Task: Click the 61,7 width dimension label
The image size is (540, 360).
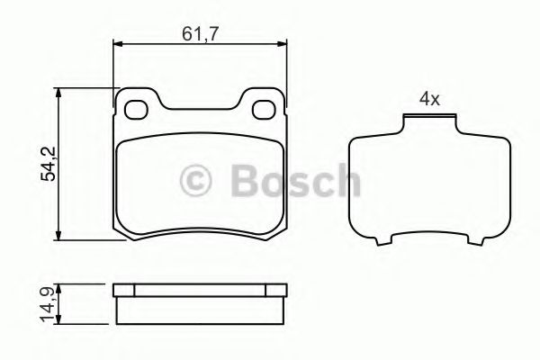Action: pos(200,34)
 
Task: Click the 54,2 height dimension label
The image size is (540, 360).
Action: pos(49,164)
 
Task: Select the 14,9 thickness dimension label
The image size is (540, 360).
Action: pos(48,305)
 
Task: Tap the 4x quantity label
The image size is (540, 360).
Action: pos(429,99)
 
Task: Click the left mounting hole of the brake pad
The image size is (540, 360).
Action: pos(136,110)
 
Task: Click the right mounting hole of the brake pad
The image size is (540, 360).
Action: pos(264,110)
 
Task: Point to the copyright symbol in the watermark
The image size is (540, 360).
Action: pos(195,180)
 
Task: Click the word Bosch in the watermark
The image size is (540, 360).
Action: pos(296,180)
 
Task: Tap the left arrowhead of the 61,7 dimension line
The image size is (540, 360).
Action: pos(118,44)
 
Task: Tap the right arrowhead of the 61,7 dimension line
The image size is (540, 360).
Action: pos(282,44)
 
